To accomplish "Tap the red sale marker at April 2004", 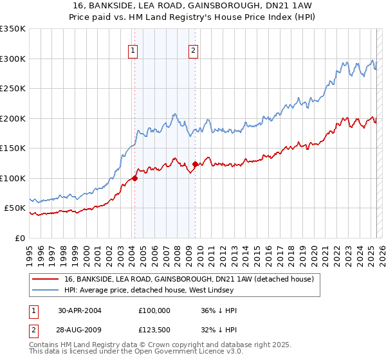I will tap(134, 178).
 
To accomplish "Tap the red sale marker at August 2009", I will tap(195, 164).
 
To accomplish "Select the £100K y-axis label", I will tap(13, 178).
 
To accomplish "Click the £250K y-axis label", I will tap(13, 89).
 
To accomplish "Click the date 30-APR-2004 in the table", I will tap(79, 310).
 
